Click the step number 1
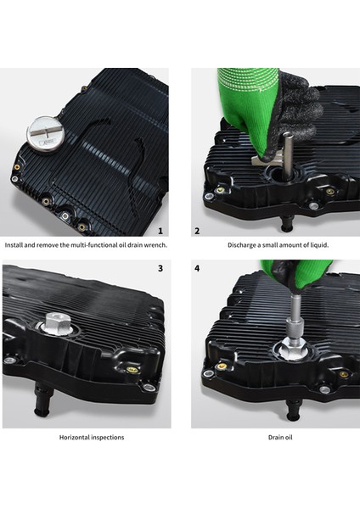[160, 231]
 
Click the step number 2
[197, 231]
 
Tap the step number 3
[160, 268]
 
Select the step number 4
[197, 268]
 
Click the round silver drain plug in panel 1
[46, 136]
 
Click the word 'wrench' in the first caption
[157, 245]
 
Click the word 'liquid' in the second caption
[319, 245]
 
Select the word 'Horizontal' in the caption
[74, 437]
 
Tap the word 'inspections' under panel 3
[108, 438]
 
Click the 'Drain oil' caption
[280, 437]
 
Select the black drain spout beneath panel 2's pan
[287, 224]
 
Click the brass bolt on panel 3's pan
[132, 370]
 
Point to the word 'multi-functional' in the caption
[92, 245]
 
